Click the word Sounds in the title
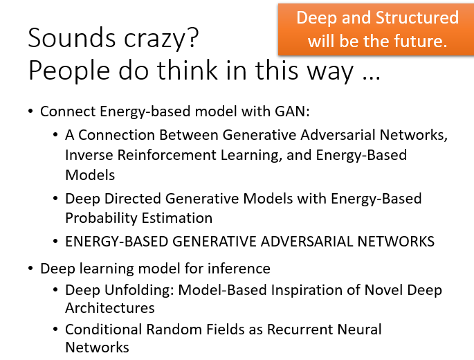[x=72, y=38]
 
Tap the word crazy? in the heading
[x=161, y=39]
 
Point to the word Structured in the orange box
[x=417, y=17]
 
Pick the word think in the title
[x=187, y=70]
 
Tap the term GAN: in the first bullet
[x=292, y=111]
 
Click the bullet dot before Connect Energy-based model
[x=30, y=111]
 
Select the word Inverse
[x=89, y=155]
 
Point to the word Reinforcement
[x=167, y=155]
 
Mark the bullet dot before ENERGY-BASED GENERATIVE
[x=55, y=242]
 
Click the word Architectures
[x=110, y=308]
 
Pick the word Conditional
[x=103, y=329]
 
